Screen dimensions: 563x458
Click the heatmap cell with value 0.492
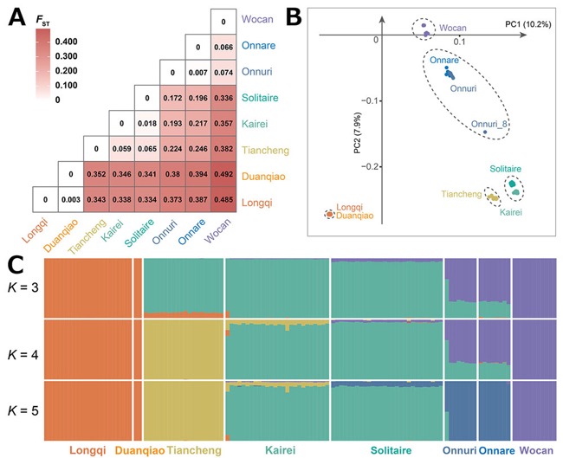(x=223, y=174)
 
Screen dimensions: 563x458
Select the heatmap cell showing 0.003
(x=71, y=200)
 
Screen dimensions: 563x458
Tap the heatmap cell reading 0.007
(x=197, y=73)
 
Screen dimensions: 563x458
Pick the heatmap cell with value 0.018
(x=147, y=124)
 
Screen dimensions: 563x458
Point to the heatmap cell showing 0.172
(x=172, y=98)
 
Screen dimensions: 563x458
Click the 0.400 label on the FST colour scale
(x=66, y=42)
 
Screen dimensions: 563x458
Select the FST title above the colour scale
(x=42, y=22)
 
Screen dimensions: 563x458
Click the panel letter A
(x=16, y=17)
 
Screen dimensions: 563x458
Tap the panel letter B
(x=294, y=17)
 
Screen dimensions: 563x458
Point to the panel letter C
(x=16, y=265)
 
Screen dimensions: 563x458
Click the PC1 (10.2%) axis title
(x=528, y=24)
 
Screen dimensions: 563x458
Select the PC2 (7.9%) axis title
(x=357, y=132)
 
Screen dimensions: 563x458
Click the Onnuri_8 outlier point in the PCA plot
(x=485, y=132)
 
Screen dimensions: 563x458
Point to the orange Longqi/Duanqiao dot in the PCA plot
(x=330, y=215)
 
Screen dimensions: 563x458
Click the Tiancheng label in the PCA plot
(x=462, y=194)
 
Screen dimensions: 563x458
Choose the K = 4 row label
(x=23, y=355)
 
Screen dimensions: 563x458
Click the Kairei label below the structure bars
(x=280, y=450)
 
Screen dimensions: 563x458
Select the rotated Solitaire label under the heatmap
(x=139, y=233)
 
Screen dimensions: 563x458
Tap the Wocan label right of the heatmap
(x=257, y=19)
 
